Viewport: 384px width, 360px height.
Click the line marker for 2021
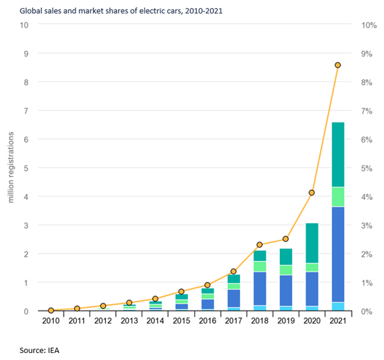[x=338, y=65]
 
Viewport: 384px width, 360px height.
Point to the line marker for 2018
[x=260, y=244]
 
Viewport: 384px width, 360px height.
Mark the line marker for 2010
[x=51, y=310]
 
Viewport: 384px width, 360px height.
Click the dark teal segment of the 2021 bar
[x=338, y=154]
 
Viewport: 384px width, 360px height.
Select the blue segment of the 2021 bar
[x=338, y=254]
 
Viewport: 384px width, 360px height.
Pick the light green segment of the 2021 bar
[x=338, y=197]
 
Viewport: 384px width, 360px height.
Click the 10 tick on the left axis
[x=25, y=25]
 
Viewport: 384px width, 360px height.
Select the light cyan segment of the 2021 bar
[x=338, y=306]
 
